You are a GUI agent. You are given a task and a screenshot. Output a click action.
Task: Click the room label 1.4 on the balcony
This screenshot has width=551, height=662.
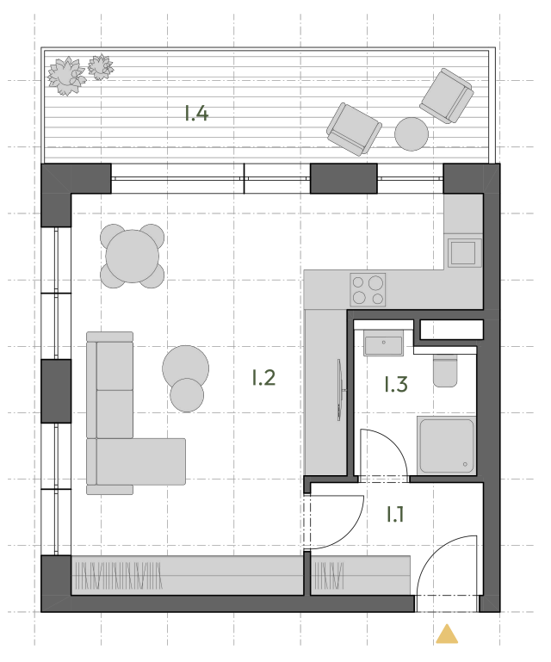click(x=196, y=114)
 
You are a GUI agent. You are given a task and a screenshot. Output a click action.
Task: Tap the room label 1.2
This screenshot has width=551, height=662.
click(x=264, y=377)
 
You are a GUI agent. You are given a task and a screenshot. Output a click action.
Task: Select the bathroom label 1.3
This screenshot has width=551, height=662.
click(x=396, y=384)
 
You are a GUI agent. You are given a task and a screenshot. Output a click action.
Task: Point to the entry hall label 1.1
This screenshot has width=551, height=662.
click(x=395, y=514)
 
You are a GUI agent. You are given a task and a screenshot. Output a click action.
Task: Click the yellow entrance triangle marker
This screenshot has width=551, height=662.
click(x=447, y=634)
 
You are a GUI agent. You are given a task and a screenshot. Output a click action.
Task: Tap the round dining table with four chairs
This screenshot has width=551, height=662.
click(x=133, y=256)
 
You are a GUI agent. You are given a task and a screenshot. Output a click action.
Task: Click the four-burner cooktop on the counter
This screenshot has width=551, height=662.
click(x=368, y=289)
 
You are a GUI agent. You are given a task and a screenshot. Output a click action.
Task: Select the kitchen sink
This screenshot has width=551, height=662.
click(x=464, y=253)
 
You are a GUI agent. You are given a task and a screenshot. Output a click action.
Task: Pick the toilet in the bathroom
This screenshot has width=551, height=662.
click(x=445, y=371)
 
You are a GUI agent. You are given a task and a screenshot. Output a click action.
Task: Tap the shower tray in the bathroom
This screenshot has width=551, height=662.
click(x=447, y=446)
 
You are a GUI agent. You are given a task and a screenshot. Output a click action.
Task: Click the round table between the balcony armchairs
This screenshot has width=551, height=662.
click(x=412, y=133)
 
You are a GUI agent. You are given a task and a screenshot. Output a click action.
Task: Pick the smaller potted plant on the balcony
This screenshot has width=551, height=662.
click(x=101, y=66)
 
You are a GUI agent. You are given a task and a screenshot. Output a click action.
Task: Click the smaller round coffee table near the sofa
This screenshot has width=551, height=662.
click(x=187, y=395)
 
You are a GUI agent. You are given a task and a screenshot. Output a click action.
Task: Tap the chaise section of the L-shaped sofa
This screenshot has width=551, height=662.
click(x=136, y=461)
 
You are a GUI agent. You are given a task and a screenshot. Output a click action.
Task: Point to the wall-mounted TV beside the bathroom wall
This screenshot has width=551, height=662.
click(x=339, y=389)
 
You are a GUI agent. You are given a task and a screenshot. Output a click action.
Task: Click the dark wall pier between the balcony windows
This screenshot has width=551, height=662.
click(x=344, y=178)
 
